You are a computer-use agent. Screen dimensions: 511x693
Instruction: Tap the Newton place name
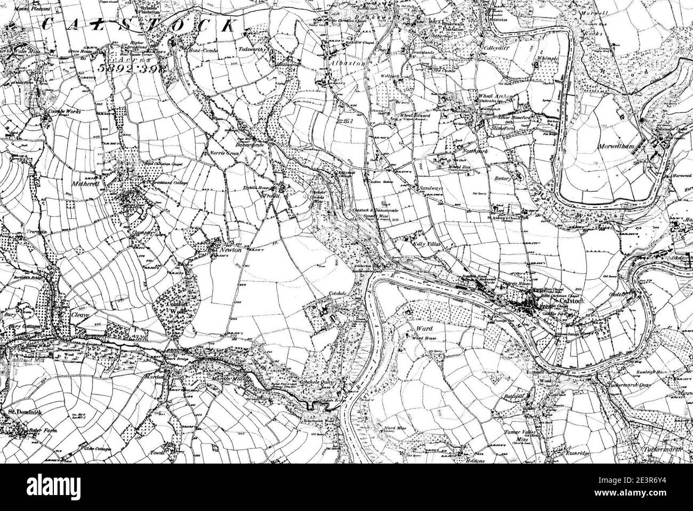pos(229,249)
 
